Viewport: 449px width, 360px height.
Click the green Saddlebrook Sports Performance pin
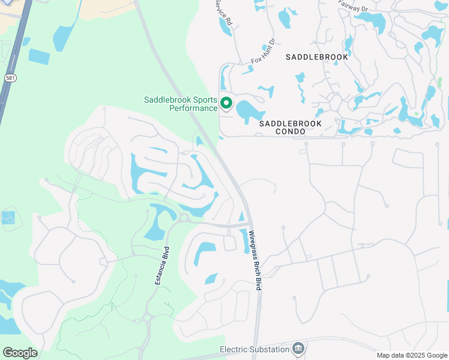coord(226,103)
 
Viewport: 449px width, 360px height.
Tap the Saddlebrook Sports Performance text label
coord(181,104)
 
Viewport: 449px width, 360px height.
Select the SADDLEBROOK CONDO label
coord(291,127)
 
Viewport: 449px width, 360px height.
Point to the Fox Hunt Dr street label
coord(263,52)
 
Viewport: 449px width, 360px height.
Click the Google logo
coord(20,353)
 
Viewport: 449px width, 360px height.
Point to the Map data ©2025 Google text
coord(412,355)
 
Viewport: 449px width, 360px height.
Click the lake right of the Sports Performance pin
coord(247,111)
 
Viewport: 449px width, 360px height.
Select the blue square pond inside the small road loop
coord(8,217)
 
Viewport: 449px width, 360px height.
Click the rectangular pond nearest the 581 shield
coord(39,56)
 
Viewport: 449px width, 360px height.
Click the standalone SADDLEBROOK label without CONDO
coord(316,57)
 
